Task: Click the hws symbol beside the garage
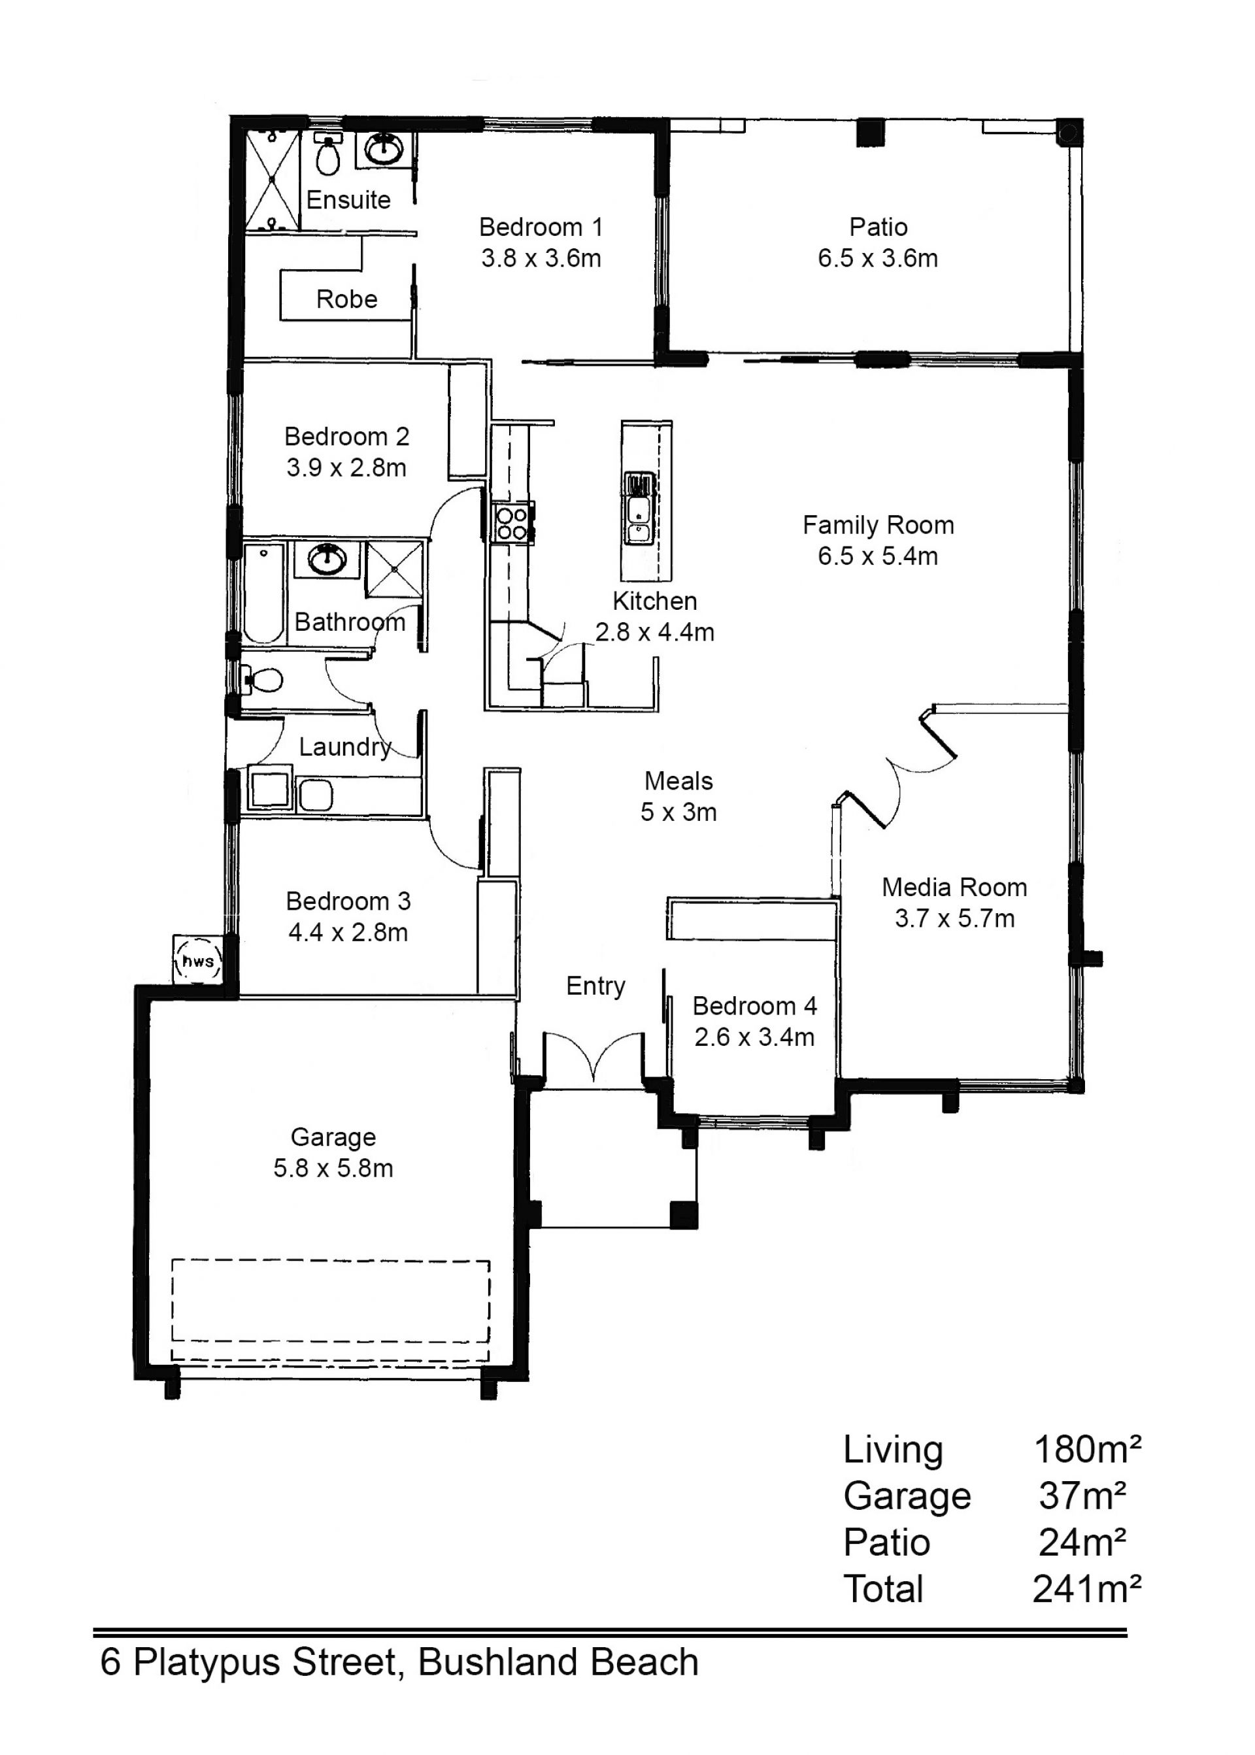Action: tap(199, 962)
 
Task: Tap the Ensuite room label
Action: tap(348, 200)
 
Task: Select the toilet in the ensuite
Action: tap(328, 154)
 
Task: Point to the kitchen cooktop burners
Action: tap(512, 523)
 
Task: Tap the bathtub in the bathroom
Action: tap(263, 593)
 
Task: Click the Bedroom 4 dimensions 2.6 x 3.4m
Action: tap(754, 1037)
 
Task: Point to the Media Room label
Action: tap(954, 887)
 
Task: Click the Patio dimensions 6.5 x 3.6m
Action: tap(878, 258)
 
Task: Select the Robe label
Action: tap(347, 299)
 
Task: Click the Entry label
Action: tap(596, 987)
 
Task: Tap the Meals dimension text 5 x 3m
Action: tap(678, 812)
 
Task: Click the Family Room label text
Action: tap(878, 526)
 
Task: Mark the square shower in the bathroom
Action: tap(395, 569)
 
